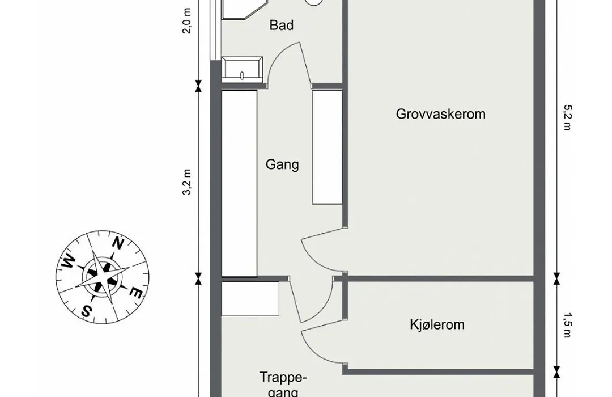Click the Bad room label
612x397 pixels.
click(x=282, y=25)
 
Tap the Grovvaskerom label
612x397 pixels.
click(x=440, y=114)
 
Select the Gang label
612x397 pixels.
click(x=282, y=165)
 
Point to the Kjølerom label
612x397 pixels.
click(x=437, y=325)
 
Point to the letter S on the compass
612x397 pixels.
click(x=87, y=310)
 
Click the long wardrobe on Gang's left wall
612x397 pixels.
click(x=239, y=183)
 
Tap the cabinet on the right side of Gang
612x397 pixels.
click(x=327, y=146)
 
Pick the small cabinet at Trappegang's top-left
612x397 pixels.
click(x=249, y=299)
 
